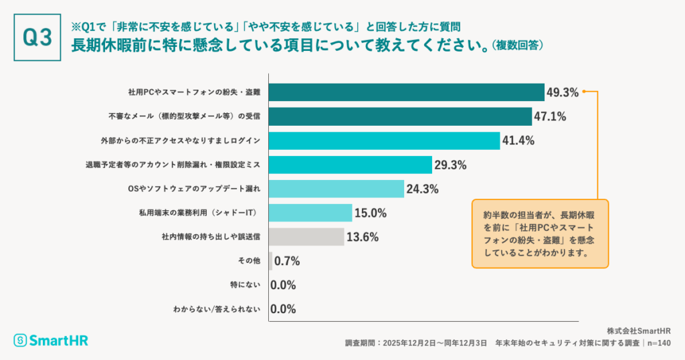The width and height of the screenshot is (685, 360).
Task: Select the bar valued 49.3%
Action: (x=406, y=92)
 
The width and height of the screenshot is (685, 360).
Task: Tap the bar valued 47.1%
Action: (x=399, y=116)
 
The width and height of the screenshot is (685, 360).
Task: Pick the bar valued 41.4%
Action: (x=384, y=141)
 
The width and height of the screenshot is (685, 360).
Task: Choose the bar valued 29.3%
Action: (x=350, y=165)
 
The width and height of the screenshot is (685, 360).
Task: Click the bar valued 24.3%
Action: (x=336, y=189)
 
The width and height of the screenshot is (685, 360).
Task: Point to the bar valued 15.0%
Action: (x=310, y=213)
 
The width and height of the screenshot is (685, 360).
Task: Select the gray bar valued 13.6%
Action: (x=306, y=237)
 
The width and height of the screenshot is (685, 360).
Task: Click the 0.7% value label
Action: (x=287, y=261)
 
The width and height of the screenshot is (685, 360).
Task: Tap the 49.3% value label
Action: (x=563, y=92)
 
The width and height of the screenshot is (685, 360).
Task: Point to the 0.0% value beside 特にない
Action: (x=283, y=285)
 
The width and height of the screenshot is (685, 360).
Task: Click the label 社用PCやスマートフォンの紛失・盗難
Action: (x=194, y=92)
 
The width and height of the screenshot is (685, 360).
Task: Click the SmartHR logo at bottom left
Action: (x=51, y=341)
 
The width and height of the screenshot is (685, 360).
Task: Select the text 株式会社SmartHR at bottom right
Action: (x=639, y=331)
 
